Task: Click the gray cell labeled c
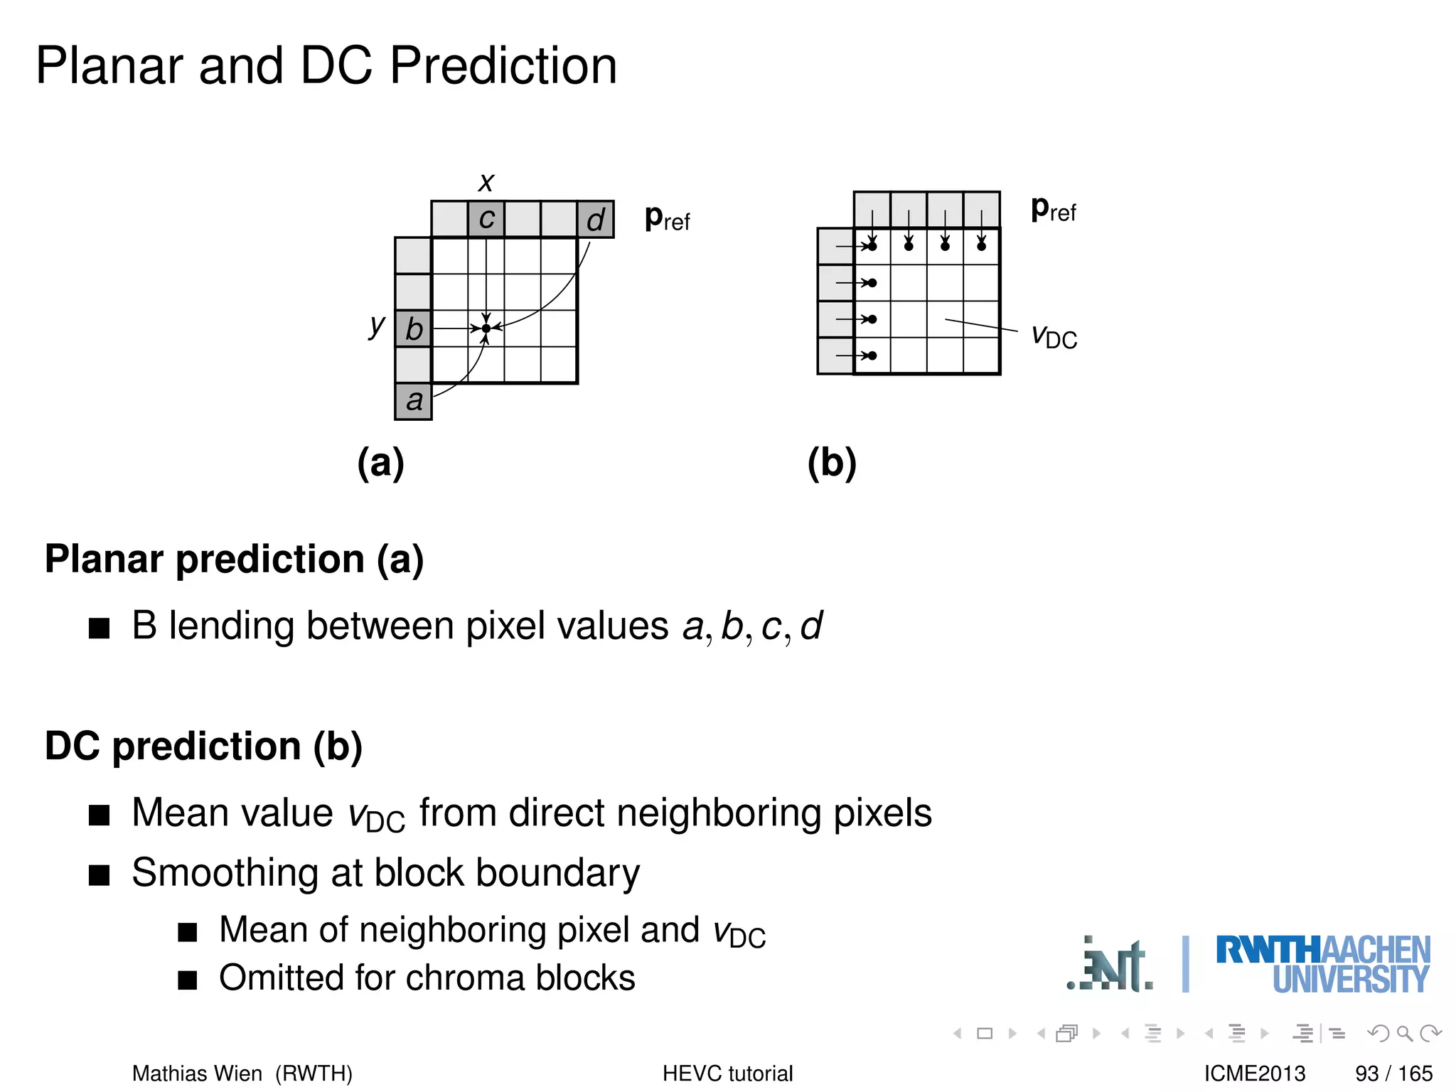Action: coord(486,219)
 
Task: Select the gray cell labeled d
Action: coord(595,219)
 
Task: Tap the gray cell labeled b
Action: coord(414,328)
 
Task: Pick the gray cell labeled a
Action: coord(414,401)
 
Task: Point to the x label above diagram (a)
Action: coord(486,182)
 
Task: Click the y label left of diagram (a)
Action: coord(376,326)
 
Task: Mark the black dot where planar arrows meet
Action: coord(486,328)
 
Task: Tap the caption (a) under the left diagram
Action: coord(381,463)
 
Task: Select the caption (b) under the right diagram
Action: coord(832,463)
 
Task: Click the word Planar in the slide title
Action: coord(111,65)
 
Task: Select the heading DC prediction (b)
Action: coord(203,746)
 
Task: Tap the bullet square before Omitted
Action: coord(188,980)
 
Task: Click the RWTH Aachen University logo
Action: coord(1322,964)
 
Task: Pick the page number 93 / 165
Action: coord(1393,1073)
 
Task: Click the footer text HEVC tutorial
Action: coord(727,1073)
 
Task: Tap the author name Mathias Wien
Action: coord(197,1073)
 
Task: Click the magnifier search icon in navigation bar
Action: coord(1405,1033)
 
